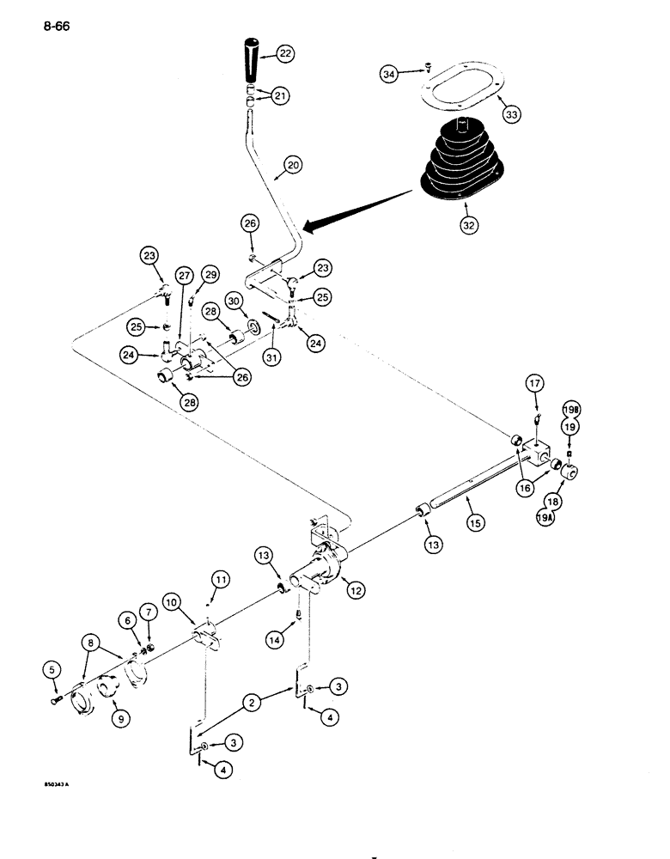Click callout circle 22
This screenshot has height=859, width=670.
click(285, 53)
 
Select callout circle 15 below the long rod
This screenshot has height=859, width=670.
click(471, 521)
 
